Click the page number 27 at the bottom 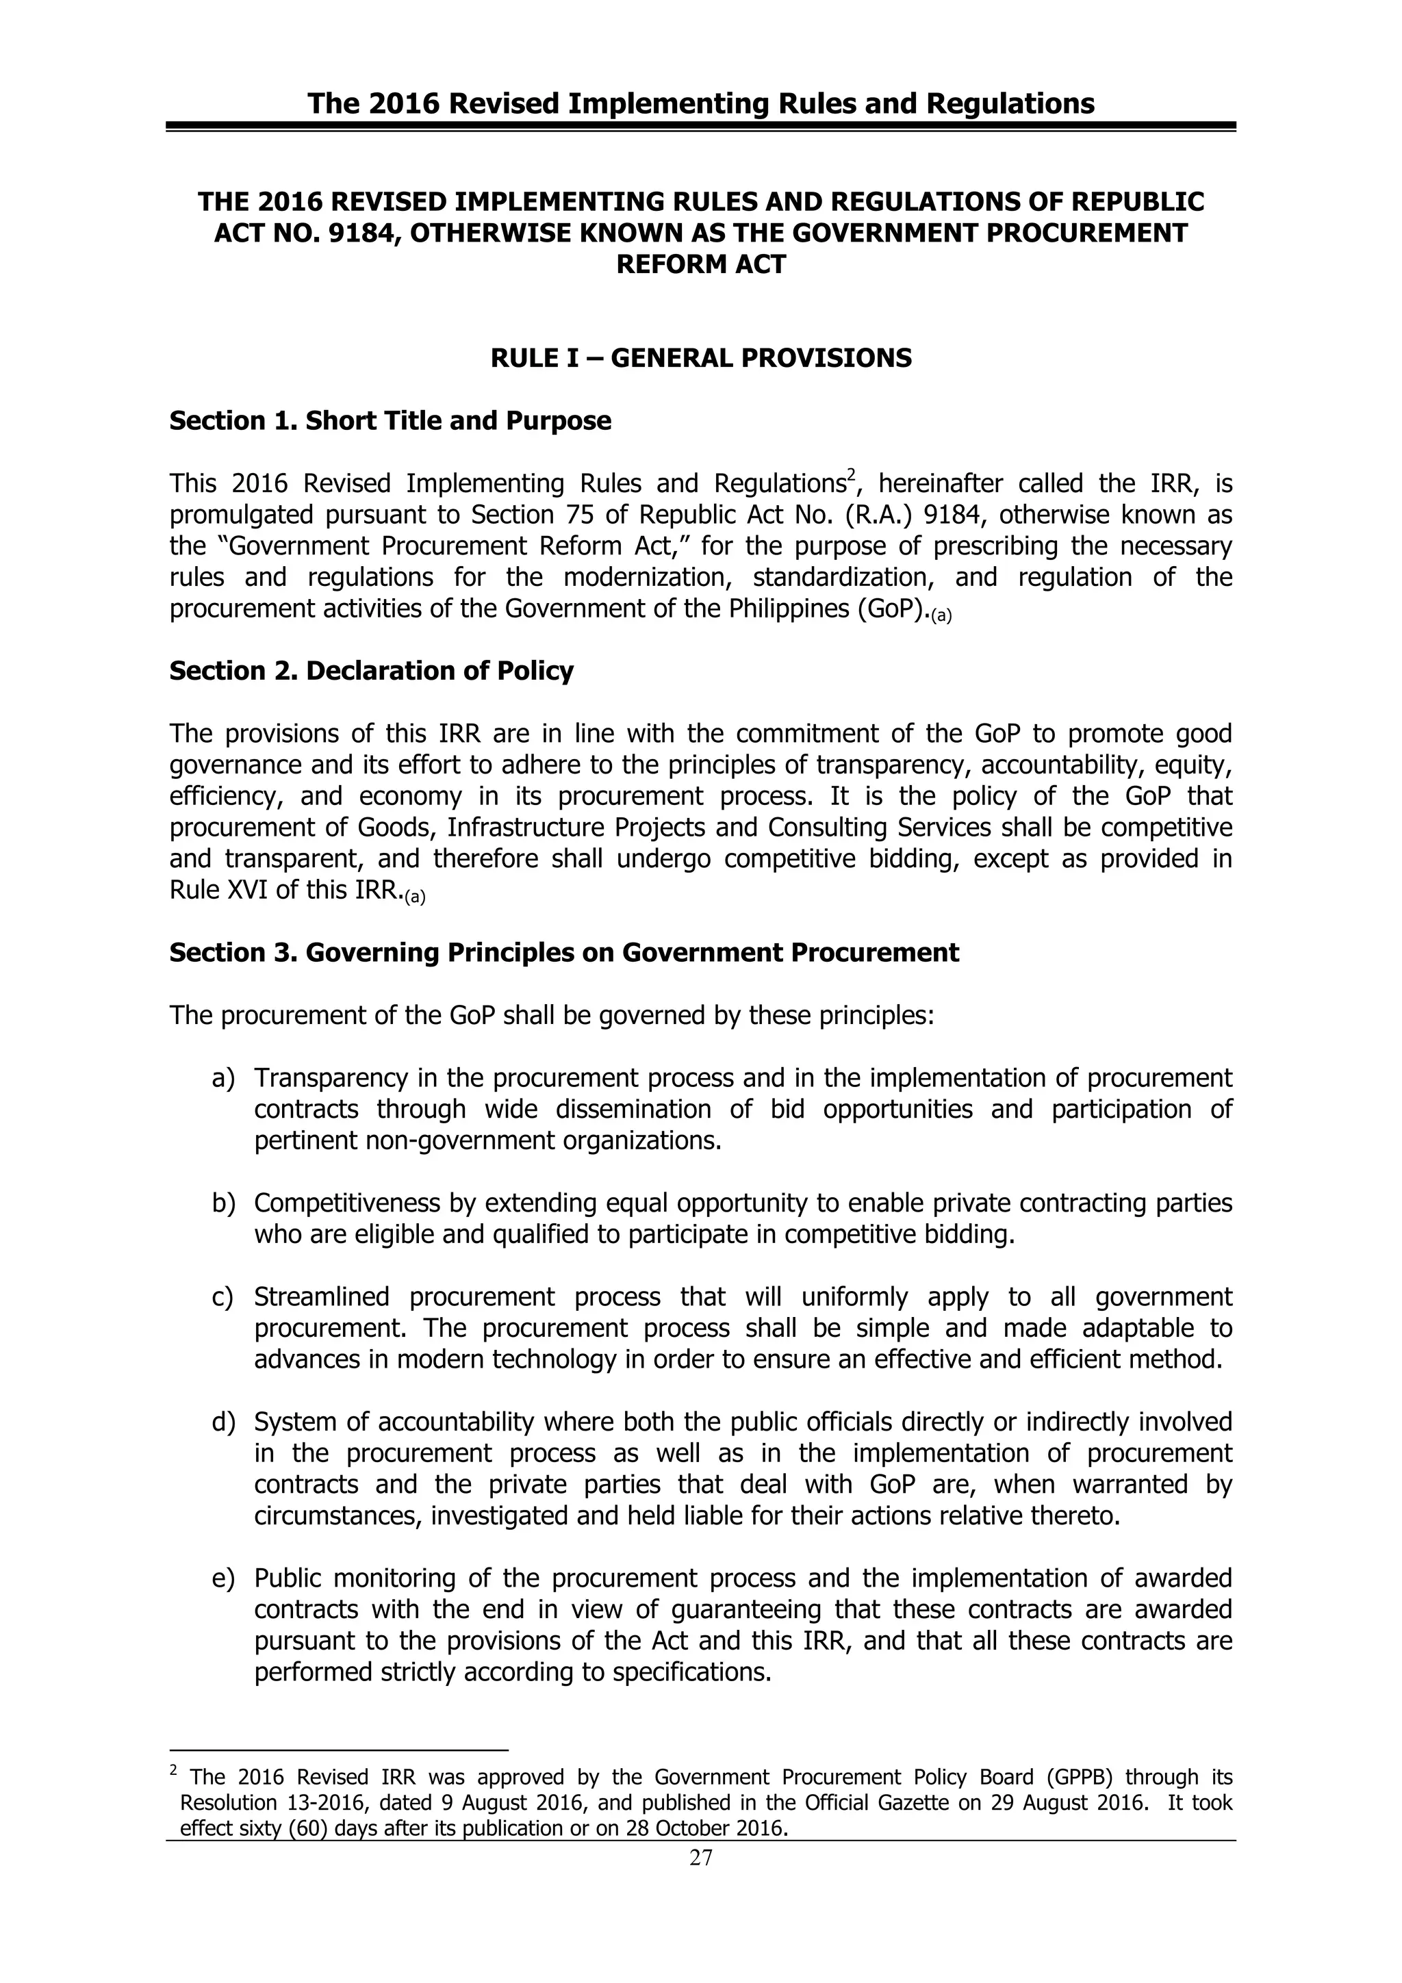tap(700, 1858)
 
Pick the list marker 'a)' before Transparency tap(223, 1078)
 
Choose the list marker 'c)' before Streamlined tap(223, 1297)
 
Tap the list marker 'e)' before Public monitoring tap(223, 1578)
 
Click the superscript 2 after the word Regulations tap(850, 474)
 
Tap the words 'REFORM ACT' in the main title tap(700, 264)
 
